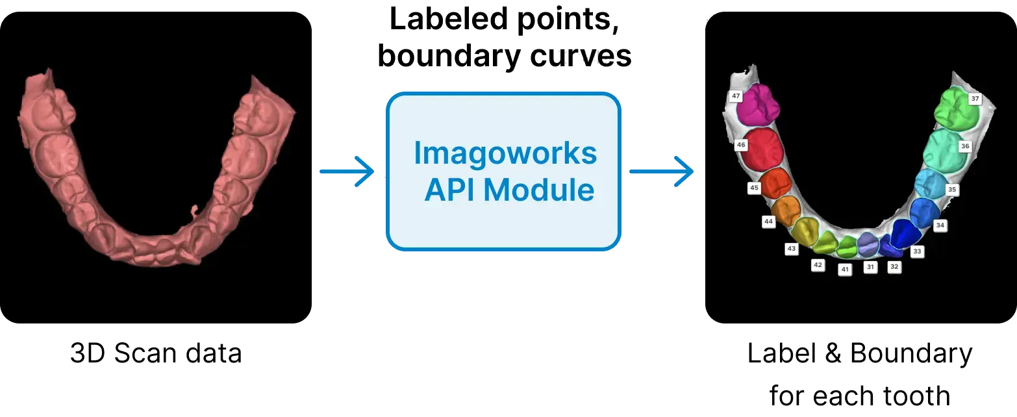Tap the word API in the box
click(449, 190)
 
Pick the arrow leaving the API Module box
click(662, 172)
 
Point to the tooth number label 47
click(736, 96)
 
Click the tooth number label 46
click(741, 145)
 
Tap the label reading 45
click(754, 188)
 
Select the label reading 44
click(769, 221)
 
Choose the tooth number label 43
click(791, 249)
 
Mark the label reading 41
click(845, 269)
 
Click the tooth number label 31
click(870, 267)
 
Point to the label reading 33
click(917, 251)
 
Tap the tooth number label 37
click(974, 99)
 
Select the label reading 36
click(965, 147)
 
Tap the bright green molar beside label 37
click(956, 108)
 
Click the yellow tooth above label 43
click(806, 230)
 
